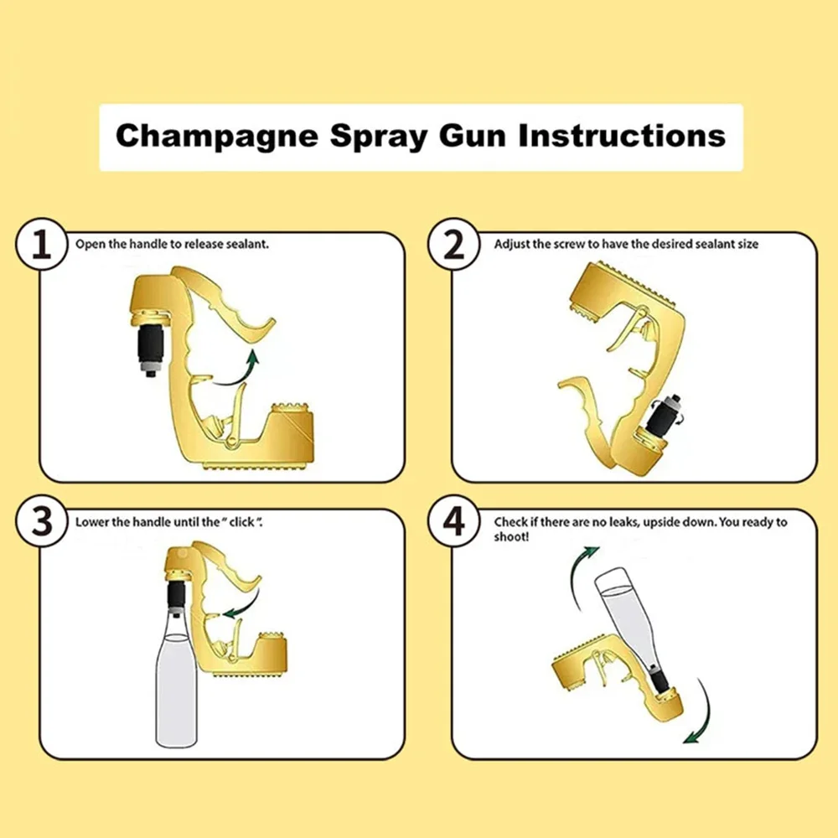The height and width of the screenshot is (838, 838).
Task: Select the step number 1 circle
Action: tap(39, 245)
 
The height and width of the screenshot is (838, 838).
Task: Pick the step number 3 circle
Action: tap(39, 521)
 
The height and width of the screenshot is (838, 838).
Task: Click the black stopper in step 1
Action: tap(151, 344)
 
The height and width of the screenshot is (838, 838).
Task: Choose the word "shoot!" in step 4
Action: tap(511, 536)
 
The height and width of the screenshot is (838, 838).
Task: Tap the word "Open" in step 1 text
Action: tap(89, 245)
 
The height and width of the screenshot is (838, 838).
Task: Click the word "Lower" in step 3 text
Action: tap(91, 522)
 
